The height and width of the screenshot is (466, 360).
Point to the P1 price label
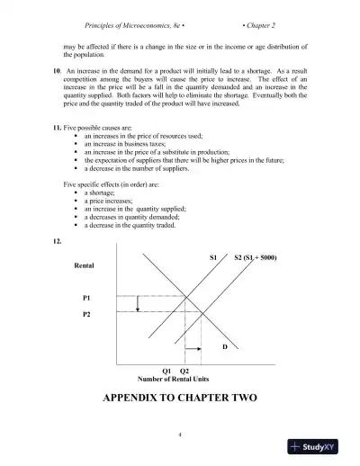coord(86,296)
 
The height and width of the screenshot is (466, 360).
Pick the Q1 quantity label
coord(166,371)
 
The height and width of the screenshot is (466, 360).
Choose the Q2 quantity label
coord(184,371)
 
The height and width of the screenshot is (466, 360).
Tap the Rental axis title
coord(85,266)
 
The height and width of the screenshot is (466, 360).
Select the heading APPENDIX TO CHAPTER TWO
coord(181,398)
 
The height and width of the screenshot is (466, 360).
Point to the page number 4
coord(180,435)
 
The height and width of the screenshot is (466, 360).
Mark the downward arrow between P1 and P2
coord(137,304)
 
